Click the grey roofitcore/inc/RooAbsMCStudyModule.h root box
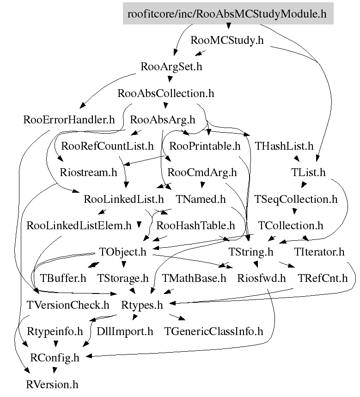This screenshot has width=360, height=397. coord(227,13)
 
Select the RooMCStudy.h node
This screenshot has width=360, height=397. coord(227,40)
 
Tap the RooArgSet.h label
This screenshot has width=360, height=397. coord(171,67)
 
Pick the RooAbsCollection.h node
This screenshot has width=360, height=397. coord(166,93)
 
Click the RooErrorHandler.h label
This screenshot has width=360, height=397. coord(69,120)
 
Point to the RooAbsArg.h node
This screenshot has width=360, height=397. coord(163,120)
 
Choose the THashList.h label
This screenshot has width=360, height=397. coord(284,147)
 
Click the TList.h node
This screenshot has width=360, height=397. coord(308,173)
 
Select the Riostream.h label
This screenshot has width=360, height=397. coord(89,173)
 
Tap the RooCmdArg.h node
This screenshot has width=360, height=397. coord(202,173)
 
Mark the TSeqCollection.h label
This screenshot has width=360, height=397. coord(296,200)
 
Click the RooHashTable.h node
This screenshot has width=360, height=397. coord(196,226)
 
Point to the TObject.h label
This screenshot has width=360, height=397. coord(122,252)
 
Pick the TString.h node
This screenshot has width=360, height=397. coord(251,252)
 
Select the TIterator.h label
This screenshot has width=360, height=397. coord(319,252)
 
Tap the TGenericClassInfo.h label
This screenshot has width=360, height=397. coord(214,331)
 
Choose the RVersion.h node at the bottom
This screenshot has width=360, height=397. coord(52,384)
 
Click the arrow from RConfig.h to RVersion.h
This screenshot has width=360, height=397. coord(55,371)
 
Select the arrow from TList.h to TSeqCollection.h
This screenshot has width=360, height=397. coord(304,186)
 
